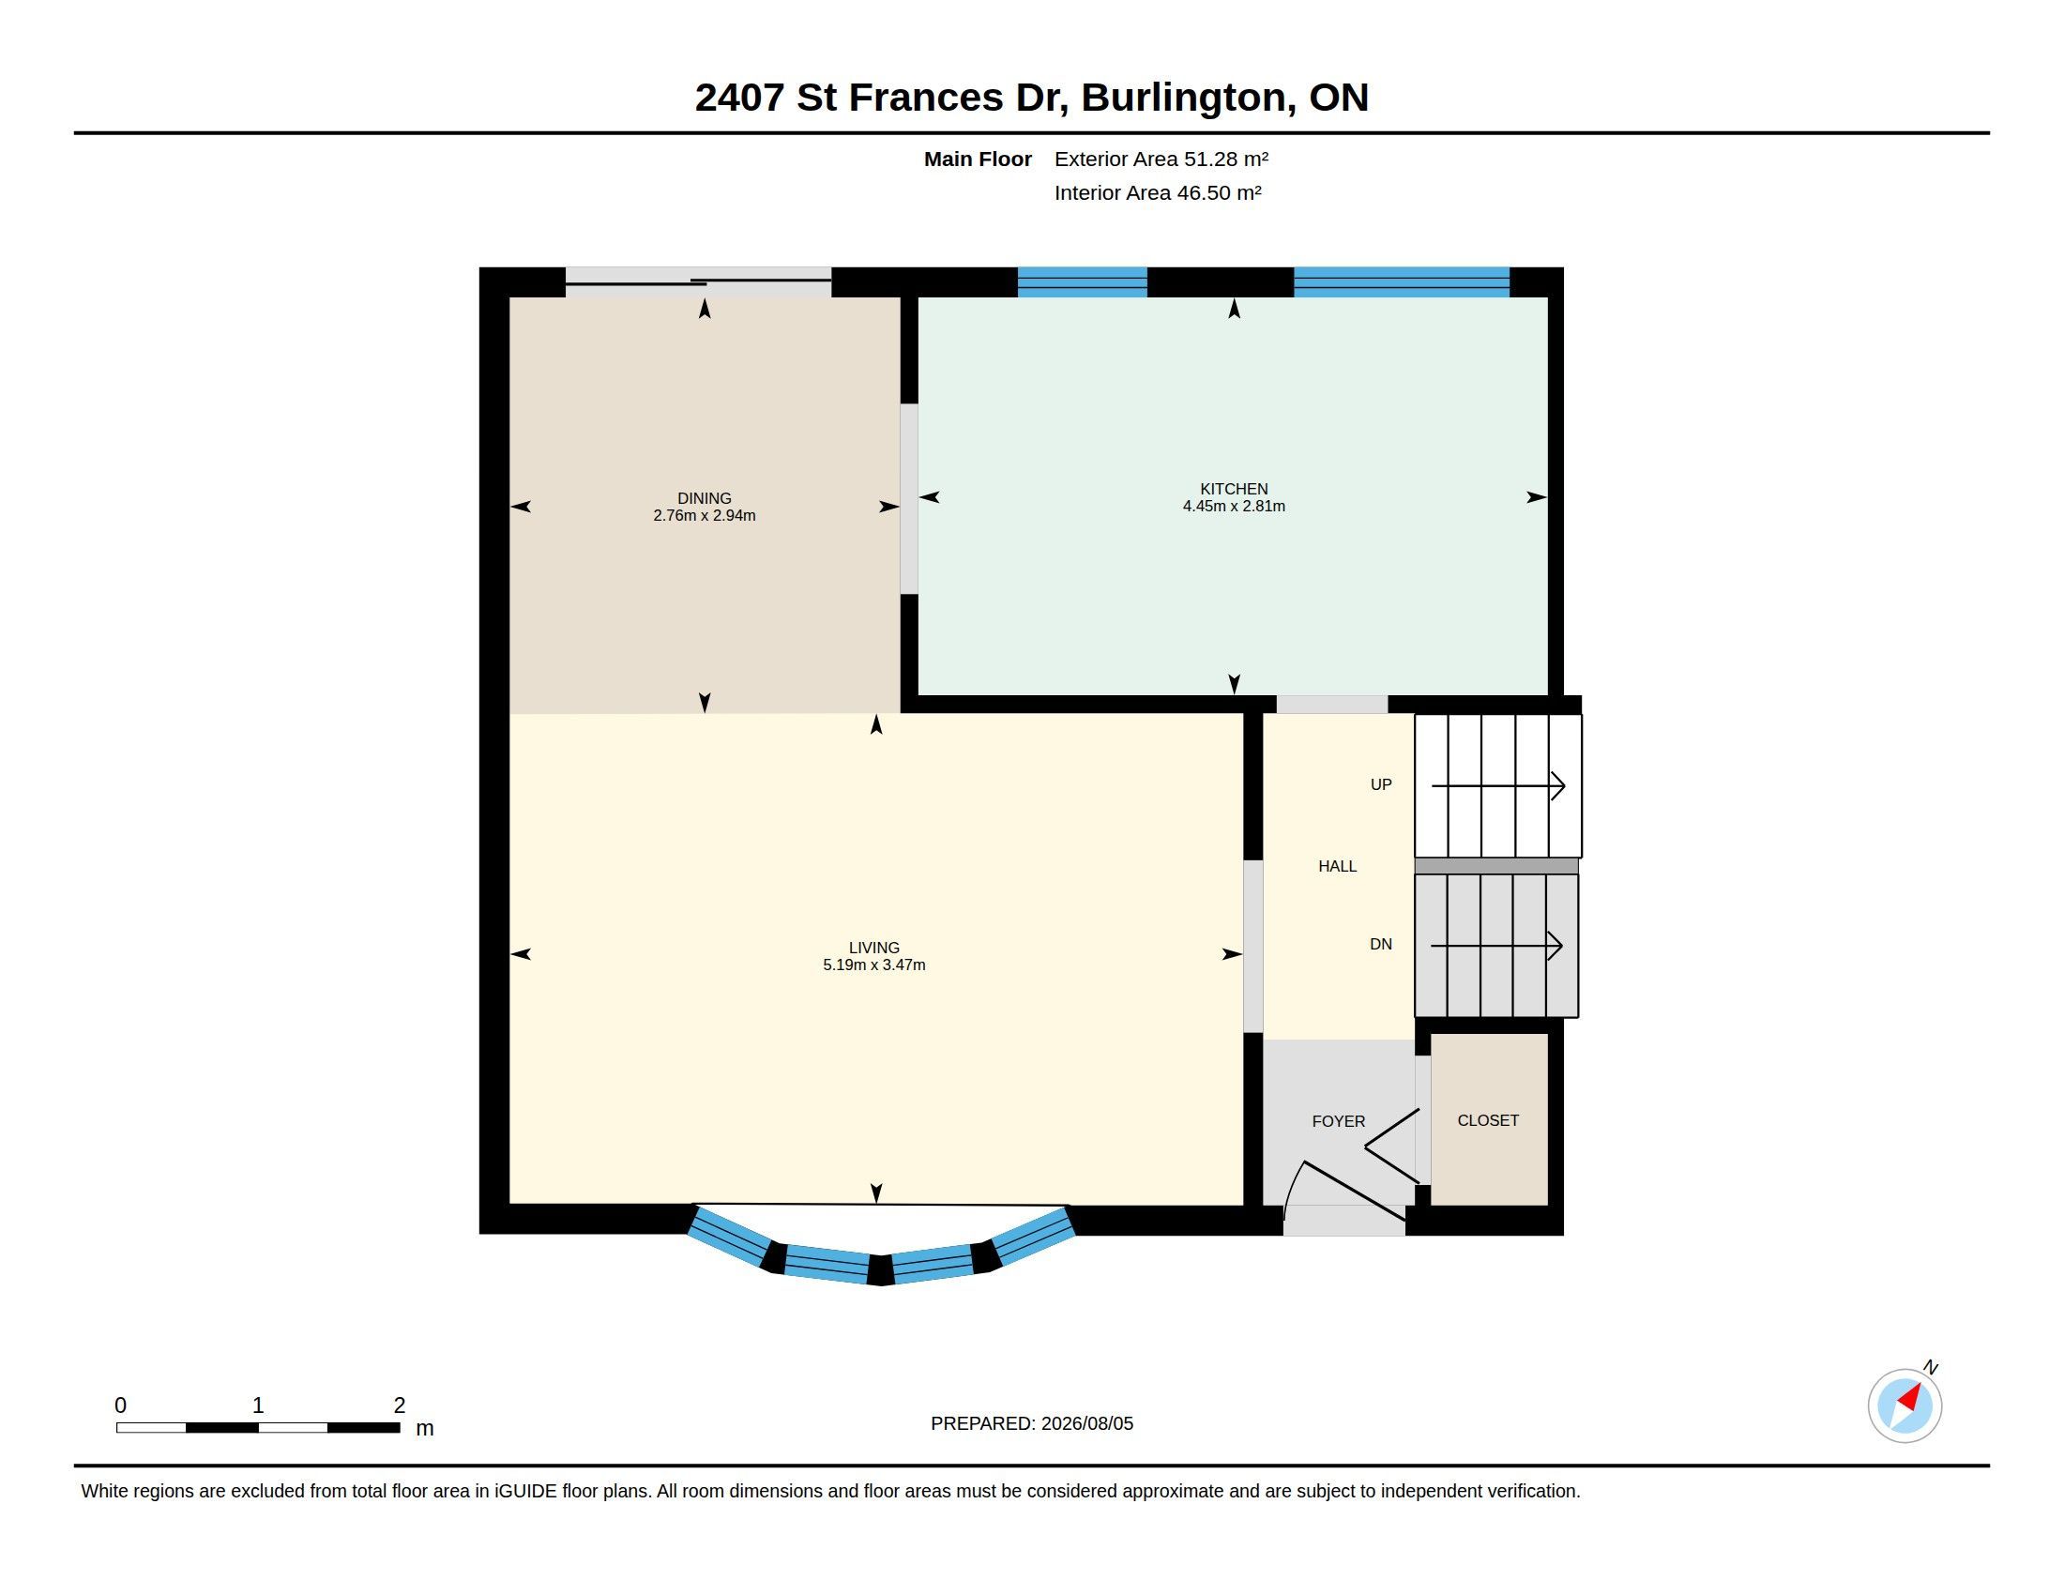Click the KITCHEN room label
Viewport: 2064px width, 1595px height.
click(1234, 489)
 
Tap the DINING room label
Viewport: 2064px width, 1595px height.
click(704, 498)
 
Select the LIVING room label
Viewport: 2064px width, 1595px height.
click(874, 948)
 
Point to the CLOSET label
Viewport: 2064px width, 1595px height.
click(1488, 1120)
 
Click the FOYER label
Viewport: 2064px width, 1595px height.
click(1338, 1121)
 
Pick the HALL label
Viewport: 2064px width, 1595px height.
click(1337, 867)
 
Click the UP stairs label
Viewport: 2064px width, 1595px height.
click(1381, 784)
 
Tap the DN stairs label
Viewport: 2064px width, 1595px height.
click(1381, 944)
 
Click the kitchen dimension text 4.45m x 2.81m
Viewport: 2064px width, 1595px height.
click(1234, 507)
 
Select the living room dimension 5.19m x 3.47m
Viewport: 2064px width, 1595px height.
click(874, 965)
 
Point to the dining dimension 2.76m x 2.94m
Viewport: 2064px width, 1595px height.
click(704, 516)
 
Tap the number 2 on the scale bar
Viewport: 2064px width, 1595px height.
click(400, 1405)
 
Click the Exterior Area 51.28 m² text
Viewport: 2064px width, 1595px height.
click(1161, 159)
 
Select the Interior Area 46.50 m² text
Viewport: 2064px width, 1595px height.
click(1158, 192)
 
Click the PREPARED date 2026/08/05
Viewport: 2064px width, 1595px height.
click(1086, 1423)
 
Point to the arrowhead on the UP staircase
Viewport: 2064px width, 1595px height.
click(1557, 786)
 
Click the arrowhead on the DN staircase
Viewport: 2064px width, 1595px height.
click(1555, 946)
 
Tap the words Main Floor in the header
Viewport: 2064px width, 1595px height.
click(978, 159)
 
